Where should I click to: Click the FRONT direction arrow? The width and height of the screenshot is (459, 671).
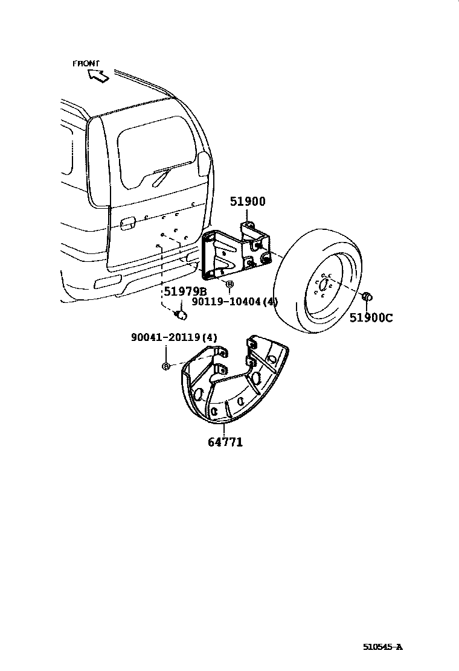tap(97, 75)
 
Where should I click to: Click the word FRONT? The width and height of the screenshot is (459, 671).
tap(86, 63)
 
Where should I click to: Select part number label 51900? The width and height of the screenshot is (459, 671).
tap(247, 202)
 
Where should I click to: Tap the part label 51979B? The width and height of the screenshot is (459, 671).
tap(185, 292)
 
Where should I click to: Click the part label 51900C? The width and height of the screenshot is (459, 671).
tap(370, 317)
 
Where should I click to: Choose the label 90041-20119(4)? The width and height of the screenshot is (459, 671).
tap(174, 338)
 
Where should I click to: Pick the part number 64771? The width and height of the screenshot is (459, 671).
tap(225, 442)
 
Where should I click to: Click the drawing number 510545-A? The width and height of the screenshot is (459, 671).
tap(382, 647)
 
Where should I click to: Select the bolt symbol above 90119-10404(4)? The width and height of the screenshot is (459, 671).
tap(229, 284)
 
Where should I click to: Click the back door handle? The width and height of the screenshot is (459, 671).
tap(126, 224)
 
